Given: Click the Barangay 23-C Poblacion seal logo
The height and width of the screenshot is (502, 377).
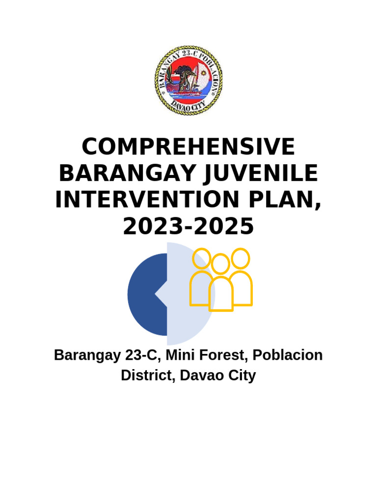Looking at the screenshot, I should (188, 80).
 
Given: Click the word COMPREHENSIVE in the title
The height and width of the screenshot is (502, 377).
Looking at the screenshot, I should (188, 148).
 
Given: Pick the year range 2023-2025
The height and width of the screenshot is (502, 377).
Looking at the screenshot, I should (188, 227).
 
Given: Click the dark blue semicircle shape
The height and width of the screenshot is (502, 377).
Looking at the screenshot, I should (145, 294).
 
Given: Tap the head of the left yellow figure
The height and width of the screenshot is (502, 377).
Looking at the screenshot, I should (201, 258).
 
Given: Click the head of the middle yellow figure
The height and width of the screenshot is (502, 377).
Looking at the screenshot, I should (221, 264).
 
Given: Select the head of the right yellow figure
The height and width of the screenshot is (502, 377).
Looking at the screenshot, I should (241, 258).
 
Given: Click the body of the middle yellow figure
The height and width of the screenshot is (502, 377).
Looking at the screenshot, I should (221, 294).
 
